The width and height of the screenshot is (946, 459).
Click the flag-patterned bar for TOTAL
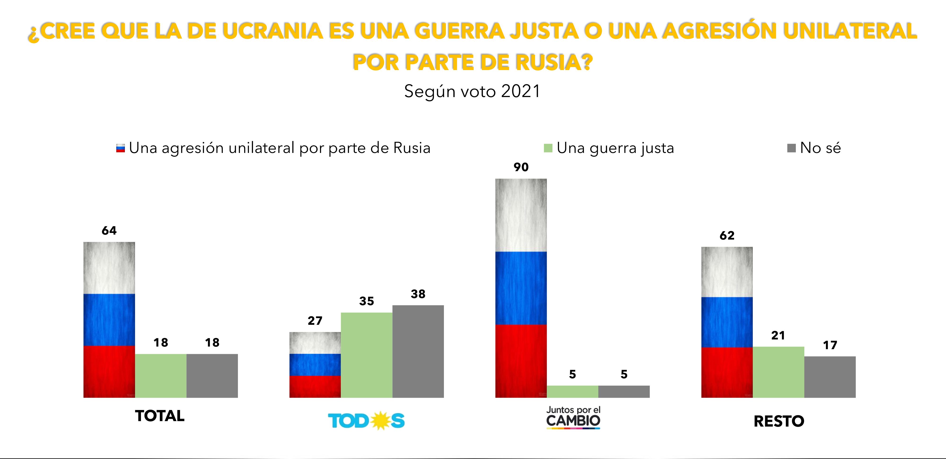[x=109, y=320]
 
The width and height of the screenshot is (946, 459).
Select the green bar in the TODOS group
[x=367, y=355]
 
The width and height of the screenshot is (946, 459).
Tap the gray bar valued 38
[x=418, y=351]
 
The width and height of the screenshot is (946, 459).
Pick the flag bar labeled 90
[x=521, y=288]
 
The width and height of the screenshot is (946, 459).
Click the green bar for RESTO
[x=778, y=372]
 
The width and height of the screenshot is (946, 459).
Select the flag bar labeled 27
[x=315, y=365]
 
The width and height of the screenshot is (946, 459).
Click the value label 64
[x=109, y=230]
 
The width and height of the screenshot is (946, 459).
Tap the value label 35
[x=367, y=301]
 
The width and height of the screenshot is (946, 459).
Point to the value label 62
[x=727, y=235]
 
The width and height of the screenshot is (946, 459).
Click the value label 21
[x=778, y=335]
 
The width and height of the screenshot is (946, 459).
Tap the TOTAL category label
[x=160, y=416]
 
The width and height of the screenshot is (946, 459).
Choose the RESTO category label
[x=779, y=421]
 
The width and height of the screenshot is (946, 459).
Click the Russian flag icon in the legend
[x=120, y=148]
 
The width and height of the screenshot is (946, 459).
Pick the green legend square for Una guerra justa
[x=548, y=148]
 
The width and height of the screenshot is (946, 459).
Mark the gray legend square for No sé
[x=791, y=148]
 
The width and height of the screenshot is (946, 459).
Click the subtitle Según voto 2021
[x=472, y=91]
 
